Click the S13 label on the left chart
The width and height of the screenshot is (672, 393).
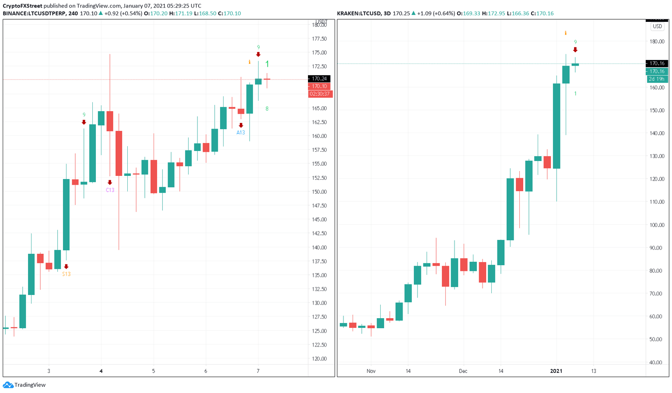(66, 274)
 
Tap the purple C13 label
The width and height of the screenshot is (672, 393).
(110, 190)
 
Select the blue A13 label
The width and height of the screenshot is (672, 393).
(241, 132)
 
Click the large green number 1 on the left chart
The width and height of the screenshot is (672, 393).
(267, 64)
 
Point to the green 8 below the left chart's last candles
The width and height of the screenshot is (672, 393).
(267, 109)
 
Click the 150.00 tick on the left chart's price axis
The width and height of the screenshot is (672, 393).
(319, 192)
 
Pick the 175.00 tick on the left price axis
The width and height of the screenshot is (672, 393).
(319, 53)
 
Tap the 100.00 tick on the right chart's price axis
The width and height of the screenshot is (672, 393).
(657, 225)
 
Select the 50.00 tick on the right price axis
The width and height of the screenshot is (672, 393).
(657, 339)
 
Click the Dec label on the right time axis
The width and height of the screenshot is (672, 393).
(463, 371)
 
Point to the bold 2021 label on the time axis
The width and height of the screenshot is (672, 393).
(556, 371)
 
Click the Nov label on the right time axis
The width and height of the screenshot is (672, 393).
(371, 371)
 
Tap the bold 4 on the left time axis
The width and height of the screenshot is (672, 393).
(101, 371)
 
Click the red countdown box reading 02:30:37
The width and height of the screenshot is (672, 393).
(320, 94)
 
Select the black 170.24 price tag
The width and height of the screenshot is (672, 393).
(319, 79)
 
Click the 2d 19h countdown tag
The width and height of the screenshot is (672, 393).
(656, 79)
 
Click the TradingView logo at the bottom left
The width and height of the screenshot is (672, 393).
(24, 385)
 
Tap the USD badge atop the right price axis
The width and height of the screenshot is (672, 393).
(657, 26)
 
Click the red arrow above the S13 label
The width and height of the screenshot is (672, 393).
(66, 267)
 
